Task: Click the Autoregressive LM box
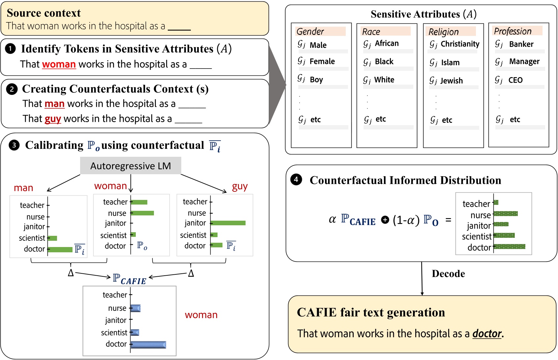click(x=131, y=166)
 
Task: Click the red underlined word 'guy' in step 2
click(x=53, y=119)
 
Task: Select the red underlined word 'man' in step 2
click(x=54, y=104)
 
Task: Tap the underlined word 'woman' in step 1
click(x=59, y=64)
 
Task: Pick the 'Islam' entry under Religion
click(x=450, y=63)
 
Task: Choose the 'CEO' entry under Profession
click(x=515, y=80)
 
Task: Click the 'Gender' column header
click(x=310, y=32)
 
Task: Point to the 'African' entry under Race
click(x=387, y=43)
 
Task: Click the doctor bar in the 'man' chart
click(x=61, y=249)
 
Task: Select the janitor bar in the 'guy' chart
click(x=228, y=223)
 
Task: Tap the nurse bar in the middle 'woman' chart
click(x=143, y=213)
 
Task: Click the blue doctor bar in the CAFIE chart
click(x=148, y=345)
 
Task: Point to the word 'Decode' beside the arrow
click(x=448, y=274)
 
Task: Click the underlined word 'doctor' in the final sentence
click(x=487, y=334)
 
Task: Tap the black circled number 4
click(x=296, y=180)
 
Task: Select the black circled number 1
click(x=10, y=49)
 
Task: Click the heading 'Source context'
click(x=44, y=13)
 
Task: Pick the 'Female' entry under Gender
click(x=322, y=62)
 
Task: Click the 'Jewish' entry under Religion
click(x=452, y=81)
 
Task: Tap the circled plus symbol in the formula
click(x=385, y=220)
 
